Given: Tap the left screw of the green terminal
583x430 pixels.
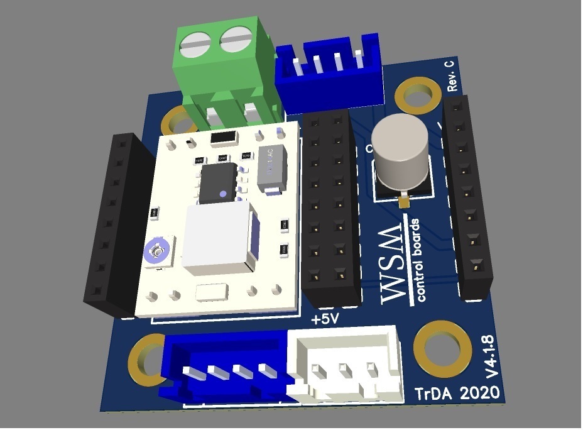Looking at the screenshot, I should click(x=196, y=44).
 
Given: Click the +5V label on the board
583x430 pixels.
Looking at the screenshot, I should click(x=325, y=319).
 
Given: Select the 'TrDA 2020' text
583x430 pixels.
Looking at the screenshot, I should click(x=457, y=394).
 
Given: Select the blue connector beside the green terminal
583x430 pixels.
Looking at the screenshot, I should click(x=330, y=72).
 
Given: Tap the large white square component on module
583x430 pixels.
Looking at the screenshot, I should click(x=217, y=239).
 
